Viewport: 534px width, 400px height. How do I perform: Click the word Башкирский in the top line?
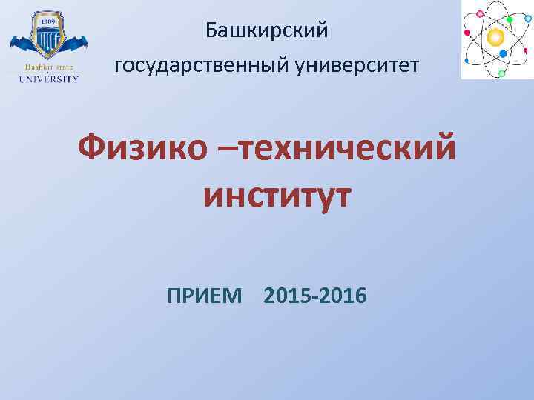tap(266, 32)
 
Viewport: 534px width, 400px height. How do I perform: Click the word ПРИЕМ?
tap(205, 297)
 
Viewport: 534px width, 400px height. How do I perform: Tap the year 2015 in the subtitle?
tap(287, 297)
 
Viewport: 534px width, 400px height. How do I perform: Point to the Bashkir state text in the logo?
tap(45, 67)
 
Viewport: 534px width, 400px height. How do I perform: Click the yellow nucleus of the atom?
tap(496, 37)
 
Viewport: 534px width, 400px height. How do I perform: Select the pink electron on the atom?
tap(480, 13)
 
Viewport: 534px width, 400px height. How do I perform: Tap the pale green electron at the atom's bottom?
tap(502, 73)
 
